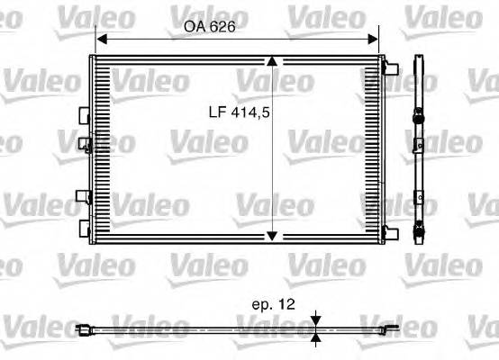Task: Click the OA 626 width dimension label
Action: click(209, 27)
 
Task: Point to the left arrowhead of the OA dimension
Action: click(101, 39)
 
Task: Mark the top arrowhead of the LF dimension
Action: click(273, 61)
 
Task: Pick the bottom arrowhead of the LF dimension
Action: click(273, 236)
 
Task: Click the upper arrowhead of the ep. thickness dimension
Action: click(317, 320)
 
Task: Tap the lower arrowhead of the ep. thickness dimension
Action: click(317, 338)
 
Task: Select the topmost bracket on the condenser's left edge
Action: click(85, 115)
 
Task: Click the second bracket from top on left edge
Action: click(85, 141)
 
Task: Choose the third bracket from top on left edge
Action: click(85, 196)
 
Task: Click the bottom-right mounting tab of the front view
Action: click(390, 233)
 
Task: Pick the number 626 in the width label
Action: click(222, 27)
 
